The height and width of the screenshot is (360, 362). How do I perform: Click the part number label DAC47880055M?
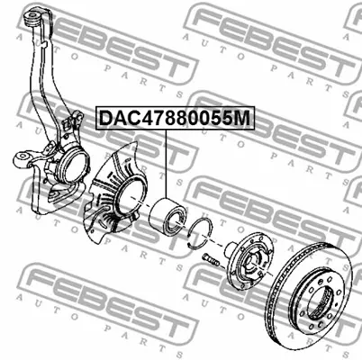click(175, 118)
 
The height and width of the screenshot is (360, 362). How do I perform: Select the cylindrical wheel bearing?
click(168, 216)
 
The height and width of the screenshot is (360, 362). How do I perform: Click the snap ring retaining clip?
click(199, 234)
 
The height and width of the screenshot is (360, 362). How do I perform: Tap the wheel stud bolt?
click(211, 260)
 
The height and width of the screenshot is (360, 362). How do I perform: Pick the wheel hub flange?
click(249, 262)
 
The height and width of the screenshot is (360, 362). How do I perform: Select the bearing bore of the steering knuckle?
click(74, 165)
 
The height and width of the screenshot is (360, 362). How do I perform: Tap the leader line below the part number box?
click(166, 164)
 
